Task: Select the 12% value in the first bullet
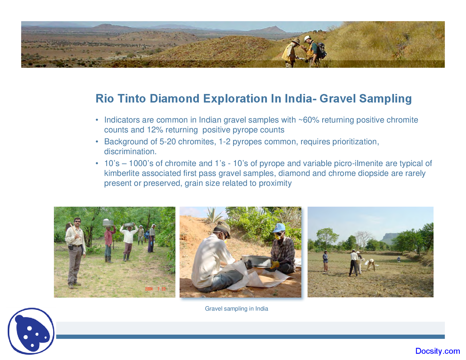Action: (155, 130)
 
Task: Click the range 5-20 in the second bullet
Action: (167, 142)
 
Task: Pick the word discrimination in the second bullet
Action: (130, 151)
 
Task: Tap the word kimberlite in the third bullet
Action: (122, 173)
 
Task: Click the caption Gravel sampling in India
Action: (236, 309)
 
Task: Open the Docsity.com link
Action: (437, 351)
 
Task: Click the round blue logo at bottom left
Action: (31, 331)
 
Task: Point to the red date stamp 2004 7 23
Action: (155, 289)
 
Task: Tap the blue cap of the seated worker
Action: (279, 228)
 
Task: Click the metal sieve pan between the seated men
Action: (256, 261)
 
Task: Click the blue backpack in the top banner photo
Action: (321, 50)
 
